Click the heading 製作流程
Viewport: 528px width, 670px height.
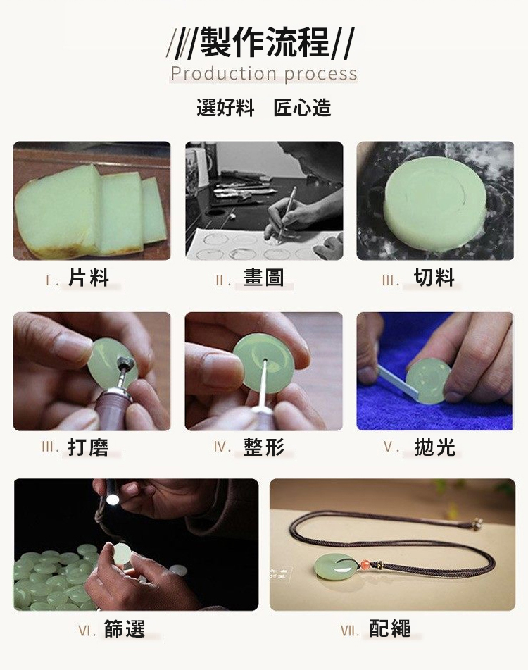[265, 42]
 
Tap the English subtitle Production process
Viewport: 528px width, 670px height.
[264, 73]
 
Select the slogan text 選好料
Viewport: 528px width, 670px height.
[225, 107]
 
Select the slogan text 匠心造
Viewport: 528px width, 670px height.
[302, 107]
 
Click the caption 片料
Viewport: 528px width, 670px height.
[89, 278]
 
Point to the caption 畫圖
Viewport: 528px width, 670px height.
[264, 278]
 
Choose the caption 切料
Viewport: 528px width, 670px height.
[434, 278]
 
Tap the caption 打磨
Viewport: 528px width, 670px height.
[89, 447]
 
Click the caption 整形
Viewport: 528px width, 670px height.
[264, 447]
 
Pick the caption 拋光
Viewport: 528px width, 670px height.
[435, 447]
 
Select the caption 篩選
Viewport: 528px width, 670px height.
[125, 629]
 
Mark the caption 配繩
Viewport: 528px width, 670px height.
[390, 629]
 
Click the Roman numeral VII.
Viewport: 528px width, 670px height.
[350, 631]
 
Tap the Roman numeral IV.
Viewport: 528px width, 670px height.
[222, 447]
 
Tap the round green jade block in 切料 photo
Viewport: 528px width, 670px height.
[434, 199]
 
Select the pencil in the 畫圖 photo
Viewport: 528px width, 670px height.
[287, 214]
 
